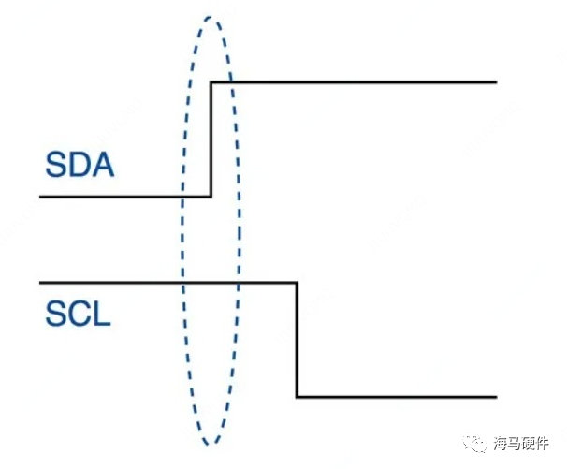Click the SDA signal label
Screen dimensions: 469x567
point(79,168)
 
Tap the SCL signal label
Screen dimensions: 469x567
point(78,313)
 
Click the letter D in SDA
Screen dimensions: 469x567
point(80,168)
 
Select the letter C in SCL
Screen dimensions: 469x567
point(79,313)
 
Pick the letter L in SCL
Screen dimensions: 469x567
point(101,313)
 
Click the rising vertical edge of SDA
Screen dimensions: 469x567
point(211,139)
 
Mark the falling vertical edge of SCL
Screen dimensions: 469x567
point(297,340)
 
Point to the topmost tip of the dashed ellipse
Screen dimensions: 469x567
point(212,17)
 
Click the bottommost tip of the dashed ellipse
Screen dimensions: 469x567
point(212,444)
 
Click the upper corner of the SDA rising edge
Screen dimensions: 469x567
point(211,82)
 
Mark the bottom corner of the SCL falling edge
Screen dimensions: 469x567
point(297,397)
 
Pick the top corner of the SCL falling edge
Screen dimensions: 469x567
point(297,282)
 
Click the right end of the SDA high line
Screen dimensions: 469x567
point(495,82)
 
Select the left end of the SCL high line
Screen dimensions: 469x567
point(41,282)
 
